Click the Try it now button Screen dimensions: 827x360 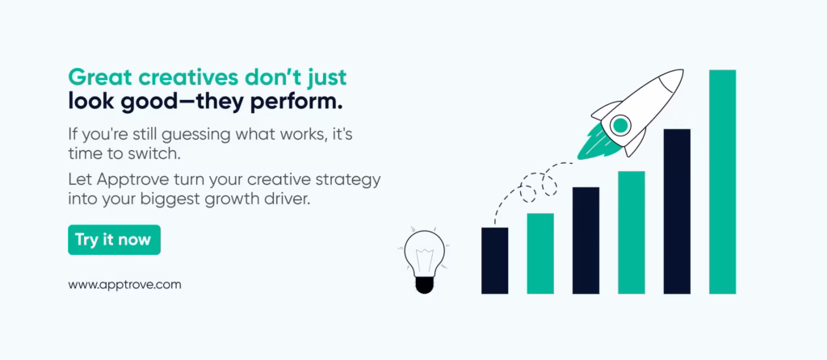[114, 240]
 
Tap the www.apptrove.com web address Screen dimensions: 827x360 [124, 285]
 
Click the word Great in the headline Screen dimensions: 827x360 [100, 77]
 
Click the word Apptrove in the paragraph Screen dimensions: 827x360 [130, 180]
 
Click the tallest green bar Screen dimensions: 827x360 [722, 182]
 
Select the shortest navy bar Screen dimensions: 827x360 [495, 261]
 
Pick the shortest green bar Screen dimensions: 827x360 [540, 253]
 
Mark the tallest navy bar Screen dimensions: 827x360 [677, 211]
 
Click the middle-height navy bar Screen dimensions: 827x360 [586, 241]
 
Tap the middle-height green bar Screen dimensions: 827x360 [632, 232]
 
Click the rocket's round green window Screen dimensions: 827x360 [620, 125]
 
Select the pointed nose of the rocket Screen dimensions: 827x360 [682, 71]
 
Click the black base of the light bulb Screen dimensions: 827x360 [423, 285]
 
